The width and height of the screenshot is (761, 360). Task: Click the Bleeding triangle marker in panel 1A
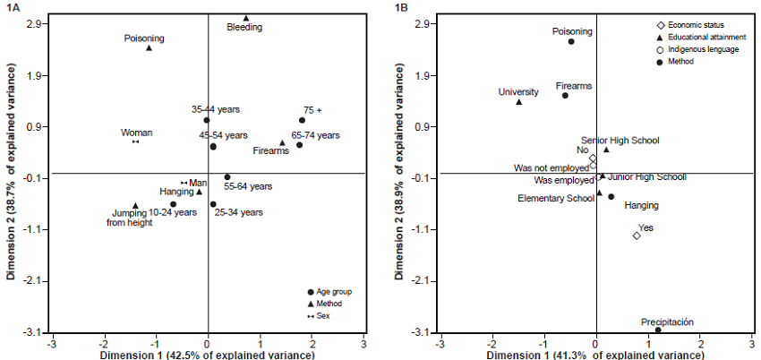(246, 18)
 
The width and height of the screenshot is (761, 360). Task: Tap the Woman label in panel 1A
(137, 133)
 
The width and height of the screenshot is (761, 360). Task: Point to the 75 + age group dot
(302, 120)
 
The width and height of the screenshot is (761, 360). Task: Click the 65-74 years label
(316, 135)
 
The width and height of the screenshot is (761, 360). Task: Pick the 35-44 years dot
(207, 120)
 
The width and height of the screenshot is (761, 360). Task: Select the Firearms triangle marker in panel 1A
(282, 142)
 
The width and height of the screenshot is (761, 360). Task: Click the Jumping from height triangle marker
(135, 205)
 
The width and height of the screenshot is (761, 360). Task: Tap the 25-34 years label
(240, 212)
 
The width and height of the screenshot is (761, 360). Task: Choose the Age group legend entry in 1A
(336, 292)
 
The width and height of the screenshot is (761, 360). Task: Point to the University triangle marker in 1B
(518, 102)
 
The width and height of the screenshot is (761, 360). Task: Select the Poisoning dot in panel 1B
(570, 41)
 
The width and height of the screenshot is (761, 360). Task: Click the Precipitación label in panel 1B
(667, 322)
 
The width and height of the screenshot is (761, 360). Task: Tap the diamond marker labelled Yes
(637, 236)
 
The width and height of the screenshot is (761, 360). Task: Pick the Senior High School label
(620, 141)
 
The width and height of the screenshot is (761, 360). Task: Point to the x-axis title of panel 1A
(208, 355)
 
